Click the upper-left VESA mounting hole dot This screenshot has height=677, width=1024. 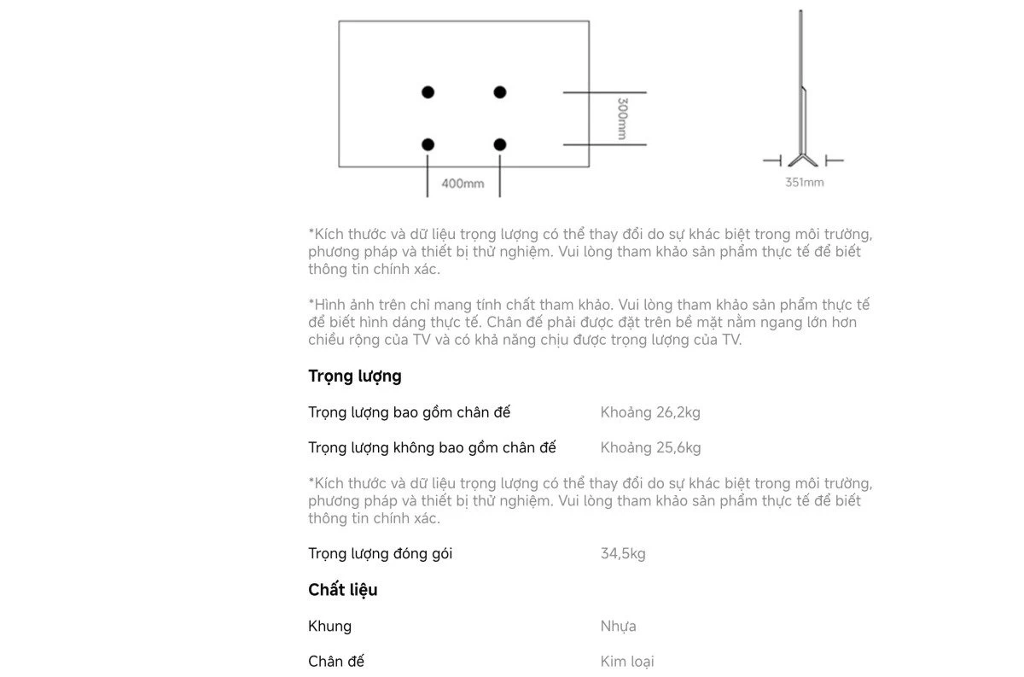point(428,92)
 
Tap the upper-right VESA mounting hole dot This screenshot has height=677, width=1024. point(500,92)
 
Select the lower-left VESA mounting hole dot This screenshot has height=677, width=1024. point(428,145)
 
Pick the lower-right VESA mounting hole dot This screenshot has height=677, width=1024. point(500,145)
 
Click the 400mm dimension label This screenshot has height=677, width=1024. point(463,184)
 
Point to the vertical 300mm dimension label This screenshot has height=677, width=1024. point(622,119)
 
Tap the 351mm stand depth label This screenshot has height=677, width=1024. point(804,182)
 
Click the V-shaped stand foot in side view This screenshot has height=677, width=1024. point(802,159)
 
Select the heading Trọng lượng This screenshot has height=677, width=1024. point(354,376)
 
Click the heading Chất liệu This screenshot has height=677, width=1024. point(342,590)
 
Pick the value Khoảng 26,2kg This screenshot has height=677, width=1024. point(650,412)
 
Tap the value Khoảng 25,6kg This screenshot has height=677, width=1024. point(650,447)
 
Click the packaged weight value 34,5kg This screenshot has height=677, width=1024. point(623,553)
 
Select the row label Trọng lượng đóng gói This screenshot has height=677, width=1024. point(380,553)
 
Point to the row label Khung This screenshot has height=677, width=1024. point(329,626)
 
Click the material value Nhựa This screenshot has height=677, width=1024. point(618,626)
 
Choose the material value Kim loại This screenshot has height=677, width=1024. point(627,661)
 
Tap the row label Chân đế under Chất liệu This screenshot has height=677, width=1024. point(336,661)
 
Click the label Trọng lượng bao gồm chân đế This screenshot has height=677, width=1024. point(409,412)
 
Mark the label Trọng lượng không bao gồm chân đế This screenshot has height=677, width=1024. point(432,447)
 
